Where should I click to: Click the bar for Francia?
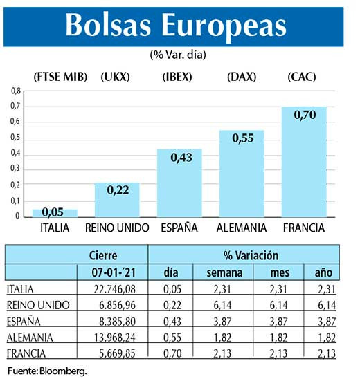pyautogui.click(x=306, y=162)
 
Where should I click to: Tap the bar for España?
pyautogui.click(x=179, y=183)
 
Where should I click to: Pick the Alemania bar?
pyautogui.click(x=242, y=174)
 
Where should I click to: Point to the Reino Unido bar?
pyautogui.click(x=117, y=200)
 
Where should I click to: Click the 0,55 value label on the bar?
pyautogui.click(x=242, y=138)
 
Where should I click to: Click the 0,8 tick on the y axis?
pyautogui.click(x=16, y=91)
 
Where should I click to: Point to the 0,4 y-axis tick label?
pyautogui.click(x=16, y=154)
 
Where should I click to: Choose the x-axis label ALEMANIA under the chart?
pyautogui.click(x=242, y=228)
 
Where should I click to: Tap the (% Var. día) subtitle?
pyautogui.click(x=178, y=54)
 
